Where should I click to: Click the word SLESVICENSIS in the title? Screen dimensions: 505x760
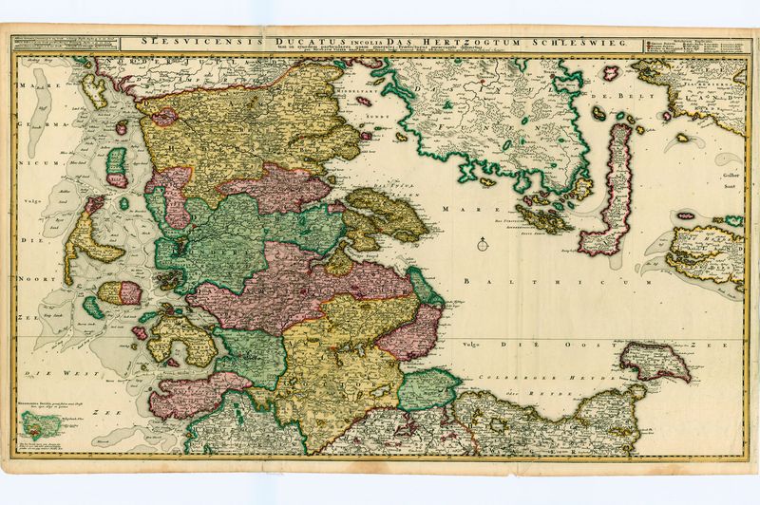click(175, 42)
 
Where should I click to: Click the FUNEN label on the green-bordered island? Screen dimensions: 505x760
click(503, 123)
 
